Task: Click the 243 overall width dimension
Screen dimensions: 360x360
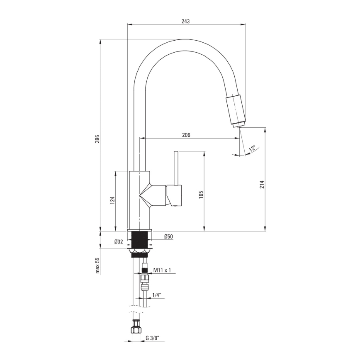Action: [x=186, y=22]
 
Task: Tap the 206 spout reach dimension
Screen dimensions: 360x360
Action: [x=186, y=135]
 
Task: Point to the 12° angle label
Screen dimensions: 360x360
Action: [x=252, y=148]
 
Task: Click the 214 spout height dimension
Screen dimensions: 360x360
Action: [x=262, y=185]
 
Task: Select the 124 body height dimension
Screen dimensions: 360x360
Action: [x=112, y=201]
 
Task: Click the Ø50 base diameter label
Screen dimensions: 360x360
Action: [x=169, y=236]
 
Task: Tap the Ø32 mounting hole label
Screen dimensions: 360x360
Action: [x=119, y=242]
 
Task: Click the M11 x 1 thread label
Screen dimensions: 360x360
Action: [x=162, y=270]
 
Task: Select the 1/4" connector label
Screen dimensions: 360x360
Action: [x=156, y=295]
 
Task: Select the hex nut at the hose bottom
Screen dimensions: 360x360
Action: [x=135, y=330]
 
